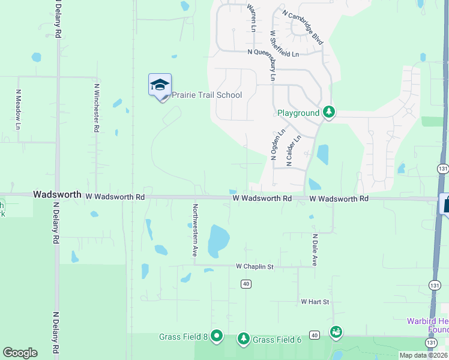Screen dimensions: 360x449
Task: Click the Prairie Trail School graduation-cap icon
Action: [160, 85]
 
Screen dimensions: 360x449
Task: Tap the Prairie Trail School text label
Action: [207, 95]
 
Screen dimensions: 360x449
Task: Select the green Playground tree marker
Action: [328, 112]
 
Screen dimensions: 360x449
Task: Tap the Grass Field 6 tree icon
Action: [243, 339]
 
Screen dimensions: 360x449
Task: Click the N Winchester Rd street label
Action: [96, 108]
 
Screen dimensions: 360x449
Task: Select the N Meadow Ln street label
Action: [18, 110]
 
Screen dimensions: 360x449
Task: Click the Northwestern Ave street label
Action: [195, 230]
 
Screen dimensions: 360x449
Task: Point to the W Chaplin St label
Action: [255, 266]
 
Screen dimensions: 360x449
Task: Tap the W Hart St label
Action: [315, 301]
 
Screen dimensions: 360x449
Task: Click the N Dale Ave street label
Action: [314, 250]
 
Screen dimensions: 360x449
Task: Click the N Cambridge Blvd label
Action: [303, 27]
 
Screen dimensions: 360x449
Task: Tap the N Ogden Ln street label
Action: [275, 146]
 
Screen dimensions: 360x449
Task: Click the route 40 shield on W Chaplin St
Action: [246, 283]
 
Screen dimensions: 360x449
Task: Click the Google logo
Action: [20, 353]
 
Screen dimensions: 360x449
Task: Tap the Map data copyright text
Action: [423, 355]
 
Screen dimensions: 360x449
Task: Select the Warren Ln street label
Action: [252, 18]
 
